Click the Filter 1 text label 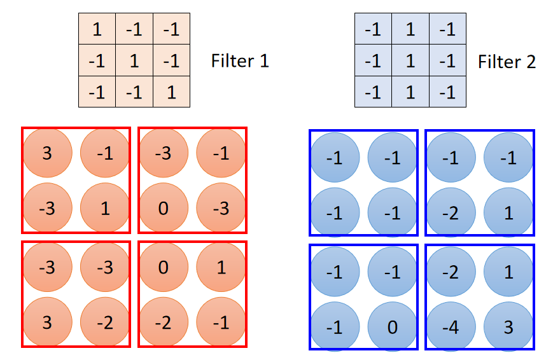(x=240, y=61)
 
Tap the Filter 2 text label (x=507, y=61)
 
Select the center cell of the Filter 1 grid (x=134, y=61)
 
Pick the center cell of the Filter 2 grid (x=410, y=61)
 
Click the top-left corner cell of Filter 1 (x=97, y=29)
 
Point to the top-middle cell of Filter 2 (x=410, y=29)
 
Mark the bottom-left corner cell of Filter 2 (x=373, y=92)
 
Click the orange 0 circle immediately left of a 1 (x=163, y=267)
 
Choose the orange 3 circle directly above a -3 (x=46, y=153)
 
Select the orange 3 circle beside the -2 (x=46, y=324)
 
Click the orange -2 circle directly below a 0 (x=163, y=324)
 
